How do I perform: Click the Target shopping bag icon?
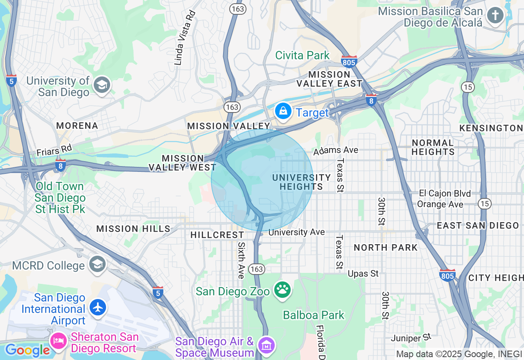(283, 110)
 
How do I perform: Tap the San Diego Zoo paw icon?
(282, 290)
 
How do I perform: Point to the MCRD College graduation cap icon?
(97, 264)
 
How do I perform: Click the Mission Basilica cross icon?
(495, 16)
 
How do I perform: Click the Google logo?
(27, 350)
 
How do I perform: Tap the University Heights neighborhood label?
(301, 182)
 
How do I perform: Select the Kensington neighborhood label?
(491, 128)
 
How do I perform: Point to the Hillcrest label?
(217, 235)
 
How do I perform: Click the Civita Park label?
(302, 55)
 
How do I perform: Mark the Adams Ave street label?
(336, 151)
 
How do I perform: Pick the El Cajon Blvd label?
(445, 193)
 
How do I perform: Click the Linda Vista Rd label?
(185, 38)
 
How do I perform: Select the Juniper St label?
(411, 338)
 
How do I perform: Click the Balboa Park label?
(314, 315)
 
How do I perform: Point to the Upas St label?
(363, 273)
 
